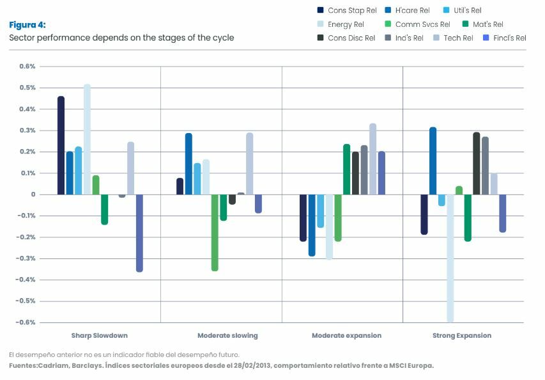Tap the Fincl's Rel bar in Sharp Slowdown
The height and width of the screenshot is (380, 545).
(139, 233)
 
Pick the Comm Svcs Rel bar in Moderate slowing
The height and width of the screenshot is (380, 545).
(215, 232)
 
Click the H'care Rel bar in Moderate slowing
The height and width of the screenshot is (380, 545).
(188, 164)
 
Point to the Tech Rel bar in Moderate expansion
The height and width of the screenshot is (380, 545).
(372, 159)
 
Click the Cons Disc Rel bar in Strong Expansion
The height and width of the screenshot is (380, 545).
(476, 164)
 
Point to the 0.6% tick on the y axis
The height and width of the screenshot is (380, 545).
(27, 67)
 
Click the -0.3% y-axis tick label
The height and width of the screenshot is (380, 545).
(26, 258)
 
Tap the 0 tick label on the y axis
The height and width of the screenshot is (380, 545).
(33, 194)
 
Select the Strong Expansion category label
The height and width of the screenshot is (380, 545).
(462, 336)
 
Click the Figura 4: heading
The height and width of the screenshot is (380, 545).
(27, 25)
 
